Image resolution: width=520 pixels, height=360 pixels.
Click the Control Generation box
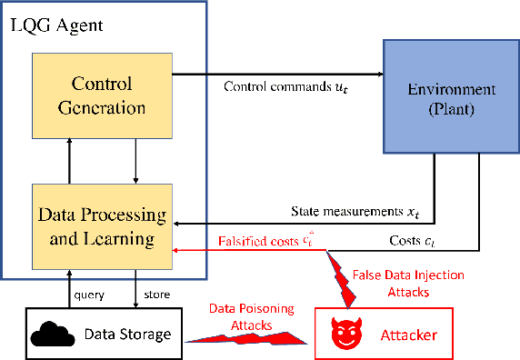click(101, 95)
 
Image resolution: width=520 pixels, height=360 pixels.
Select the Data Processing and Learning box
click(101, 227)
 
